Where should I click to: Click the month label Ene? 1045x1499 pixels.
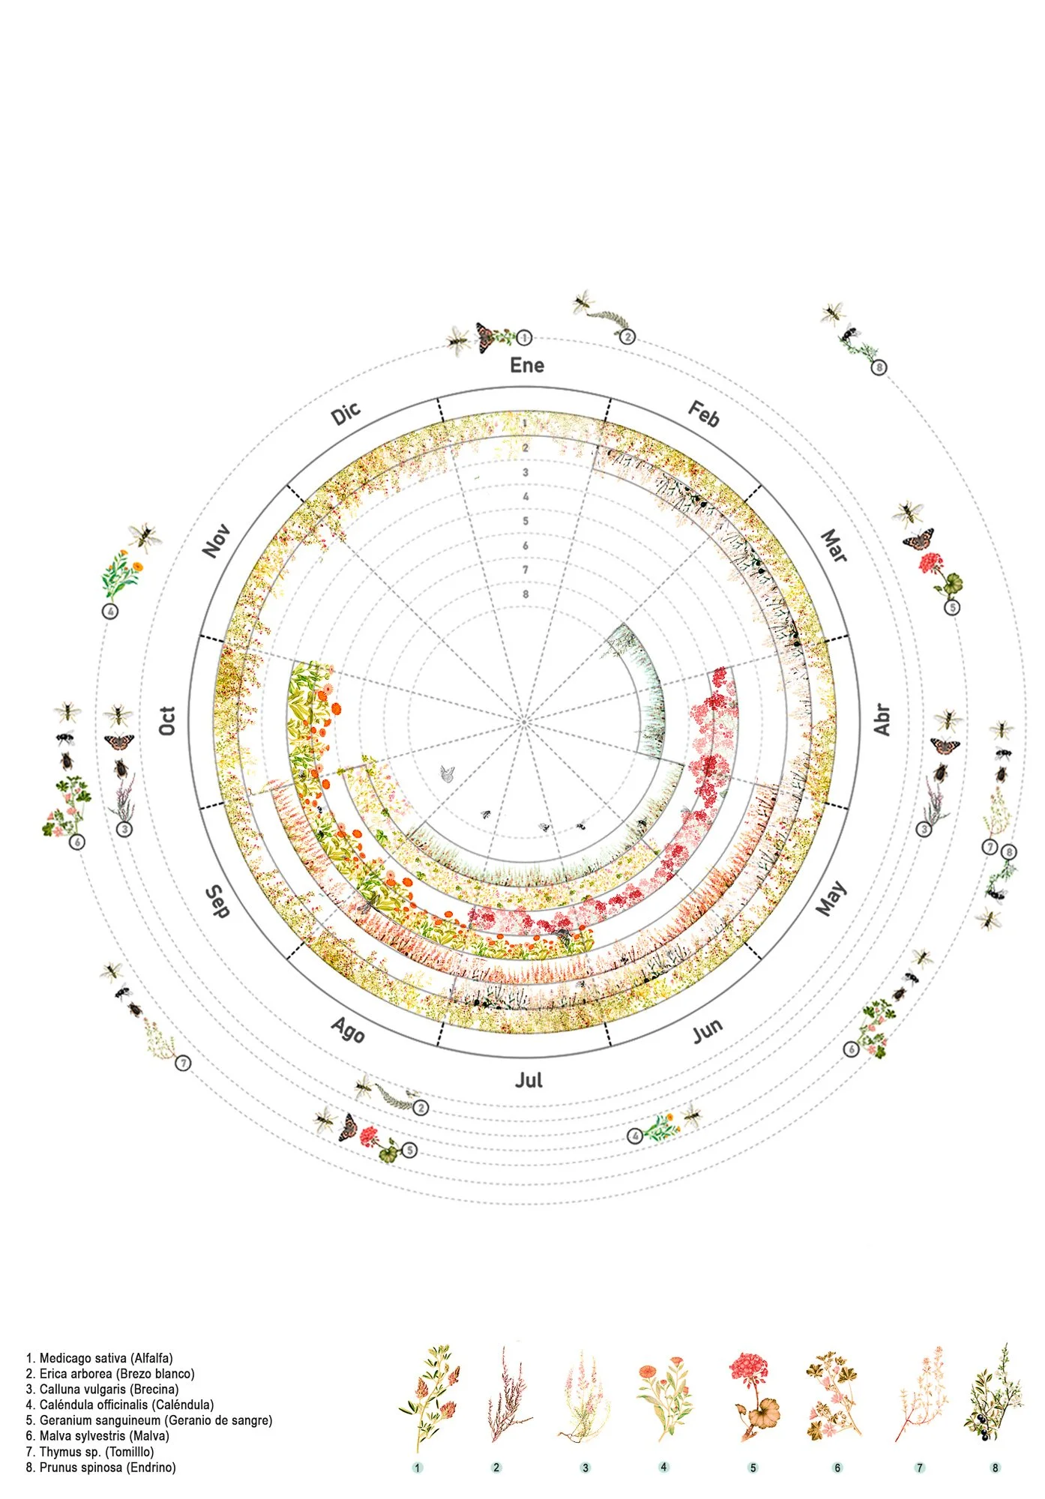coord(527,365)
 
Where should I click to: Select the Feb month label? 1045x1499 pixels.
coord(704,414)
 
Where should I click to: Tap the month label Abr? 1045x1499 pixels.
coord(882,720)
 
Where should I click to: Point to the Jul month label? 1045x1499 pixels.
coord(528,1079)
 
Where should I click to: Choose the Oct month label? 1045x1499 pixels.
coord(167,720)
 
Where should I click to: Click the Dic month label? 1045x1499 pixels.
coord(346,413)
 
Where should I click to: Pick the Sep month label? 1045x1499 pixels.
coord(217,902)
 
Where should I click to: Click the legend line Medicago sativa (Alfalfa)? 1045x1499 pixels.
coord(100,1357)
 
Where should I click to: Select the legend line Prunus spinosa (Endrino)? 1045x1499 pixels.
coord(101,1467)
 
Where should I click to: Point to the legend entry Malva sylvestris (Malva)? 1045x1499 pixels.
coord(97,1435)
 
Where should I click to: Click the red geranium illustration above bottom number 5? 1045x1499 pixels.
coord(753,1396)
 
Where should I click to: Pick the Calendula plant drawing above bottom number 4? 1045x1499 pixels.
coord(663,1399)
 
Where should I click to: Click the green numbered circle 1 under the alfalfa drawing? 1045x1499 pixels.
coord(418,1468)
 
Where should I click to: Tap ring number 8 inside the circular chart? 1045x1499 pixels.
coord(525,594)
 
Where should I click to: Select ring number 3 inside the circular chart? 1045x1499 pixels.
coord(525,472)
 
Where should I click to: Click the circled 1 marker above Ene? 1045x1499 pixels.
coord(525,338)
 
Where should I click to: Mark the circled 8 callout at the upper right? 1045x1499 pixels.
coord(879,367)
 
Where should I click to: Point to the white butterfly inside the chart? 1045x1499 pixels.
coord(448,773)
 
